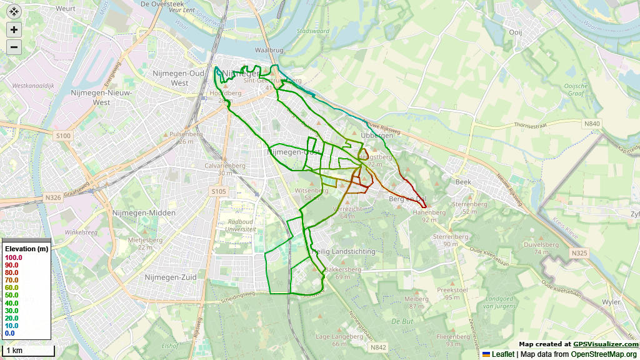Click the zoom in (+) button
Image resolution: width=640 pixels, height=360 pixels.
14,29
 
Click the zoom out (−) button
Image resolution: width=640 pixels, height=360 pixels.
14,47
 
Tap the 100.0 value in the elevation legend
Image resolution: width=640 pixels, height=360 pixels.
13,257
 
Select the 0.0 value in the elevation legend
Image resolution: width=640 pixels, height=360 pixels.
9,333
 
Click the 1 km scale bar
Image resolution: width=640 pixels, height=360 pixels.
27,351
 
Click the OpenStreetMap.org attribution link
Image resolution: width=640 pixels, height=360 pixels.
604,354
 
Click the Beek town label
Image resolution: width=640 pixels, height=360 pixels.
463,181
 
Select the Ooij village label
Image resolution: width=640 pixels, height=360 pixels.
515,32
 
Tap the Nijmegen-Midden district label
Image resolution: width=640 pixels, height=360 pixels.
144,213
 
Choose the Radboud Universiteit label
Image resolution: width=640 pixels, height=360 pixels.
240,226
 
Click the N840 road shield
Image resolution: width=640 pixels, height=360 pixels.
592,124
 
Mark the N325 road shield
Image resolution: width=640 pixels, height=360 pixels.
579,253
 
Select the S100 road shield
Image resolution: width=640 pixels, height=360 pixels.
63,135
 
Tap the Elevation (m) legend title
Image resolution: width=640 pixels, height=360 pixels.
26,249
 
